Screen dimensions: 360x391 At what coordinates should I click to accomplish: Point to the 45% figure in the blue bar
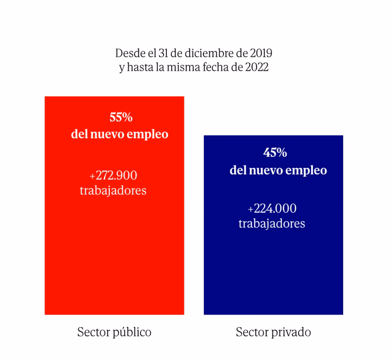pos(275,153)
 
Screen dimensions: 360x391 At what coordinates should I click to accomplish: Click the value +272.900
pos(113,175)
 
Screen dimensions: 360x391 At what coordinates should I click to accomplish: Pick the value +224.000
pos(272,208)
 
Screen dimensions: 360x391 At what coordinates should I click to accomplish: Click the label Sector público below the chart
pos(114,332)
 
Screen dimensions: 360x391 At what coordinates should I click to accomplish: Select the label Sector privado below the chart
pos(273,332)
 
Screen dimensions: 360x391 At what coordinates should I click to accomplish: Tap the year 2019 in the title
pos(261,52)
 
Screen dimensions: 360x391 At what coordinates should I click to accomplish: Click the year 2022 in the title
pos(257,67)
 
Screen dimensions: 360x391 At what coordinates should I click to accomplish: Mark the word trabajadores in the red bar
pos(113,191)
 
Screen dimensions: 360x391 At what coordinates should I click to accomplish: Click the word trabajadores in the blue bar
pos(272,224)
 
